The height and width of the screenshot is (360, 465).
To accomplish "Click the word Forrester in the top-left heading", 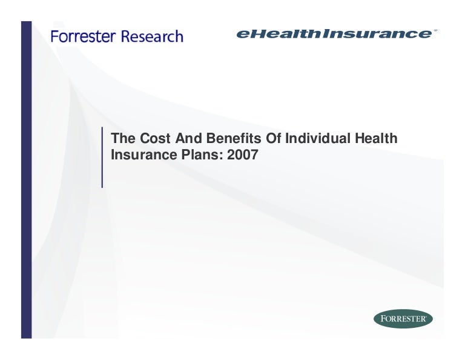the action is (x=83, y=36).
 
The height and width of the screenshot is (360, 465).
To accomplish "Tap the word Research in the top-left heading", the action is (x=152, y=36).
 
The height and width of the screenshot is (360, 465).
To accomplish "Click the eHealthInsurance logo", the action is (x=334, y=33).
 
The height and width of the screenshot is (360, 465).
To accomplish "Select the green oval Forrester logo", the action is (x=403, y=319).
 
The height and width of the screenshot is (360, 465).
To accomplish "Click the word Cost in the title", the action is (x=155, y=138).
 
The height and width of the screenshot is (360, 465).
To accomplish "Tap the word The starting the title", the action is (x=123, y=138).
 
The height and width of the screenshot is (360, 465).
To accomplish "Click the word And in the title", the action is (x=188, y=138).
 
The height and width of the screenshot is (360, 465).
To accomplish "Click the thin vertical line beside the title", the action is (x=102, y=158).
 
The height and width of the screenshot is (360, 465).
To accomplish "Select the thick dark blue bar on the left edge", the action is (x=27, y=180).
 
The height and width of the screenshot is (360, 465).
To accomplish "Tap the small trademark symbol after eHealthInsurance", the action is (x=435, y=30).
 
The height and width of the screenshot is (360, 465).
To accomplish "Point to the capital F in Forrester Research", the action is (x=54, y=36).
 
